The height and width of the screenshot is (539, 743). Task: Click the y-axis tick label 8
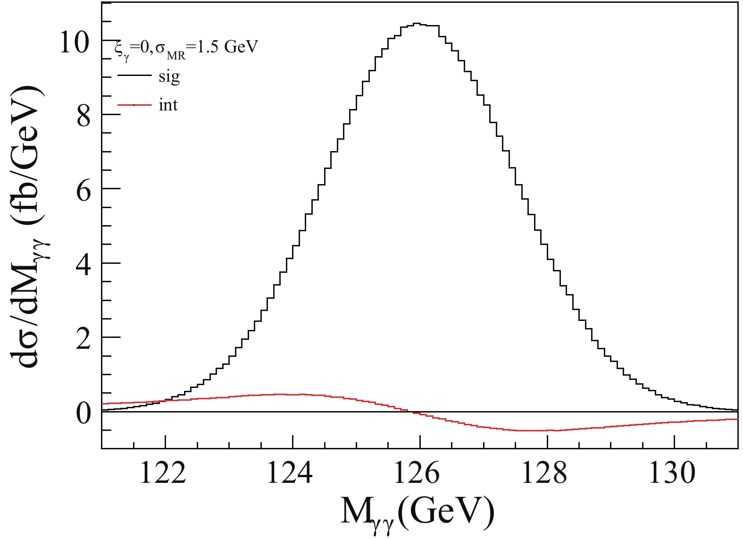click(83, 116)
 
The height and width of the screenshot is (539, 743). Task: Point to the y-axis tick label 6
click(83, 190)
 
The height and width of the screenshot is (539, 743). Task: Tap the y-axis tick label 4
click(83, 264)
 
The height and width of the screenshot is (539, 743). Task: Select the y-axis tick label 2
click(83, 338)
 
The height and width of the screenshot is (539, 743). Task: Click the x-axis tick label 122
click(163, 473)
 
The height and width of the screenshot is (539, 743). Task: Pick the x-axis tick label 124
click(290, 473)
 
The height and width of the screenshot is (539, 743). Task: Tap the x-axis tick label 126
click(417, 473)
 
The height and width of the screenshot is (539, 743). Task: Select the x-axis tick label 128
click(544, 473)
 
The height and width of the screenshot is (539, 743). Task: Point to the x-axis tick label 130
click(672, 473)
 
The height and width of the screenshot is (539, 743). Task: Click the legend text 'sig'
click(169, 76)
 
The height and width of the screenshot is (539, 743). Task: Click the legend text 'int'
click(168, 105)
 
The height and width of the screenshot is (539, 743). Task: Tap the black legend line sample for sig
click(134, 76)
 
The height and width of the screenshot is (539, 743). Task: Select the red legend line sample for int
click(134, 105)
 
